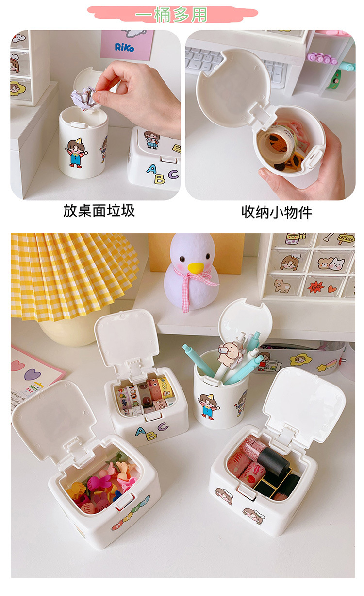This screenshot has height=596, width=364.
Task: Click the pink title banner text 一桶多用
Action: click(171, 15)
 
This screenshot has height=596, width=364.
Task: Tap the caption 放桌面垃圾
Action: click(99, 210)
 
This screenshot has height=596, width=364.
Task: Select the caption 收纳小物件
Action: click(276, 212)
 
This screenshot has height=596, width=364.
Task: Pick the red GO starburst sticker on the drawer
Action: click(316, 288)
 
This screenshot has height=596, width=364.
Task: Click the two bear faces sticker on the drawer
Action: click(331, 263)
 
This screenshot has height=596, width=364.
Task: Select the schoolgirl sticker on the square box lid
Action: click(152, 140)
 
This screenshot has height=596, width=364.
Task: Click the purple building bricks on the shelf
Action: click(322, 58)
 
